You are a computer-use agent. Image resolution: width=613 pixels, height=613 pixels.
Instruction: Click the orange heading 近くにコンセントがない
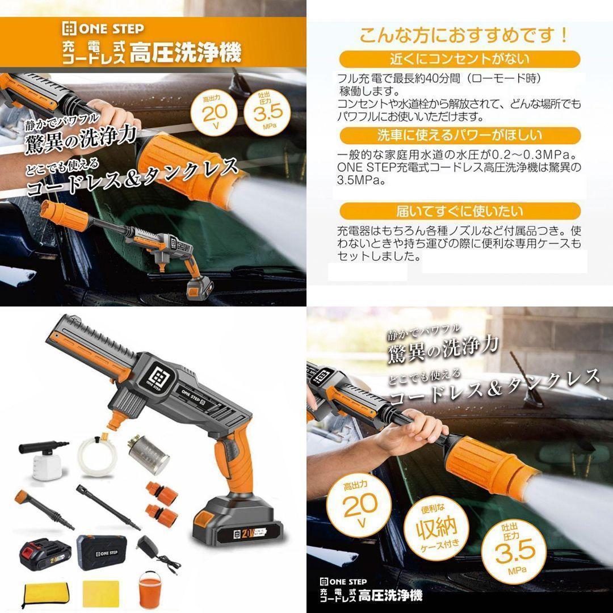pos(459,58)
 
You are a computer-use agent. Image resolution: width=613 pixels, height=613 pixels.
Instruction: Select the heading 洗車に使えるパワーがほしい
pos(459,135)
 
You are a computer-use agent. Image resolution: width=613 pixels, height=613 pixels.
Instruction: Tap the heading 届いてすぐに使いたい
pos(459,212)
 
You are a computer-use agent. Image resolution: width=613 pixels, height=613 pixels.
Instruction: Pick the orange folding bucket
pos(153,590)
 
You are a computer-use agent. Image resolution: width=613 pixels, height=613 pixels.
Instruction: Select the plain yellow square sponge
pos(98,593)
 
